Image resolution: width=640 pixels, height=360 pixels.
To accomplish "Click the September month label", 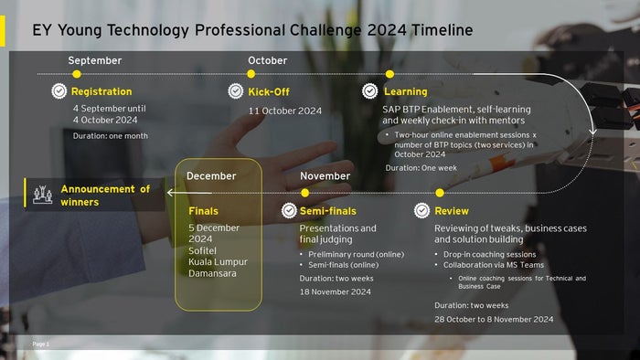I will tap(94, 60).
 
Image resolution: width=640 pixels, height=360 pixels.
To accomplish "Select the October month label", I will tap(267, 60).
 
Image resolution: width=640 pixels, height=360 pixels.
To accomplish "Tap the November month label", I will tap(325, 175).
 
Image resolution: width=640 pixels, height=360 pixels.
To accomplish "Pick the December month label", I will tap(211, 175).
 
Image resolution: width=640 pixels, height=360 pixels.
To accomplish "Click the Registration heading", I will tap(101, 91).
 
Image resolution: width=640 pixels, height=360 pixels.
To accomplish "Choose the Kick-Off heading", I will tap(269, 91).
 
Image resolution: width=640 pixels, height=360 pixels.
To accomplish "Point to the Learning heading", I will tap(405, 91).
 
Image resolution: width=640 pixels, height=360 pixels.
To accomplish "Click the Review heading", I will tap(452, 211).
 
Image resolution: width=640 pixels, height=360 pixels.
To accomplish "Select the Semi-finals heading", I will tap(327, 211).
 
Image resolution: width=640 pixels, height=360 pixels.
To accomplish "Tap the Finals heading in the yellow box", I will tap(203, 211).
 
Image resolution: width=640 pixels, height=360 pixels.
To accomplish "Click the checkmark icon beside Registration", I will tap(59, 91).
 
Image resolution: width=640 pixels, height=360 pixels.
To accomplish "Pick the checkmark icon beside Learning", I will tap(369, 91).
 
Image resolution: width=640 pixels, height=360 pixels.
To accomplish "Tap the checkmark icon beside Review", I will tap(421, 211).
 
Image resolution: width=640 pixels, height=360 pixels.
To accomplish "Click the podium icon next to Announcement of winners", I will tap(41, 194).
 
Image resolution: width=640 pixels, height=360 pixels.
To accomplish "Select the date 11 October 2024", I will tap(285, 111).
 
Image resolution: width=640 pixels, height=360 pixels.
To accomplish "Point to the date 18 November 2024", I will tap(335, 291).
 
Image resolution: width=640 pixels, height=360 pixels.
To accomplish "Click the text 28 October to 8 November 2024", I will tap(494, 319).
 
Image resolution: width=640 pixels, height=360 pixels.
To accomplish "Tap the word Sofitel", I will tap(205, 249).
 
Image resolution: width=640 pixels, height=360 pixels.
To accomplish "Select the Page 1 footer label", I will tap(41, 344).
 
